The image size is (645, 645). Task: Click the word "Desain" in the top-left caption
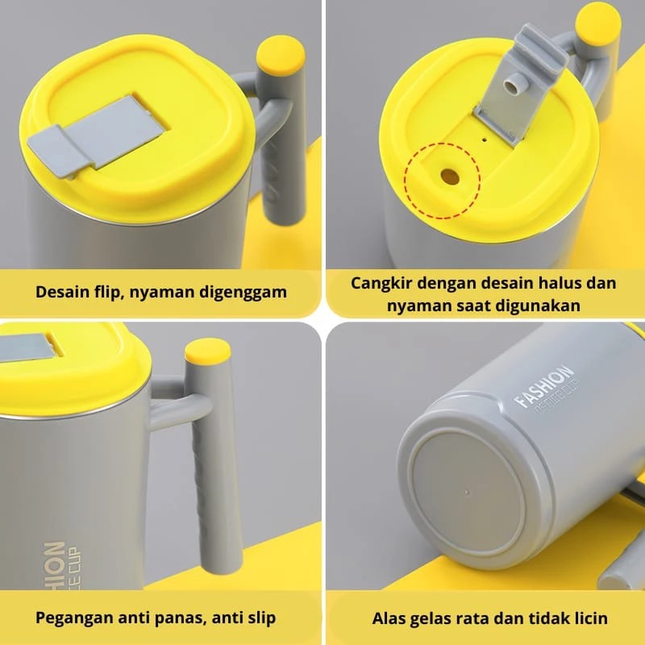tap(63, 291)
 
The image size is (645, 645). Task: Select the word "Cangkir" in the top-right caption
tap(380, 283)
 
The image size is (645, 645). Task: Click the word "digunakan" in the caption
tap(541, 306)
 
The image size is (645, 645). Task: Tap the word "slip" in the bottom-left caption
tap(257, 618)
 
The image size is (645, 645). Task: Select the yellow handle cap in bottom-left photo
tap(207, 353)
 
